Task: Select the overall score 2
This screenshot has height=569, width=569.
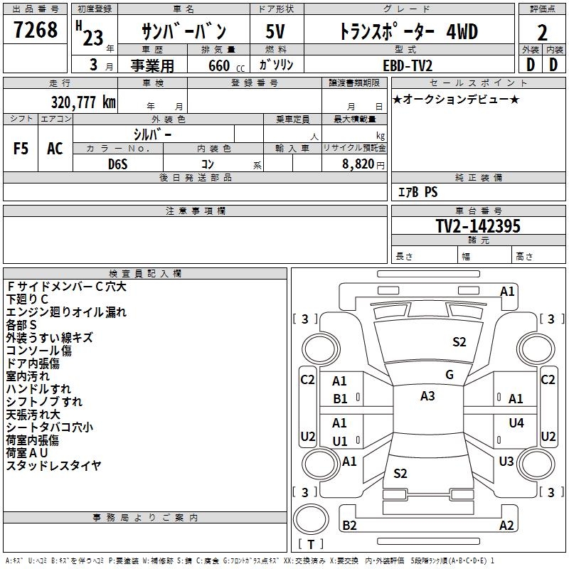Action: [543, 33]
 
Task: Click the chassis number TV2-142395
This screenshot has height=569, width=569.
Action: [478, 226]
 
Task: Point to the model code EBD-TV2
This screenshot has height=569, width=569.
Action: [408, 65]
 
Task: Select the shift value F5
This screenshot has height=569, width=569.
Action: [21, 148]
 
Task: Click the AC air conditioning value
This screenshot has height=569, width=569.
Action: [55, 148]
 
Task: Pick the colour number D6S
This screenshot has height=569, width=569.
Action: [118, 164]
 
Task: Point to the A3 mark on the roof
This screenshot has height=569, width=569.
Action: [427, 396]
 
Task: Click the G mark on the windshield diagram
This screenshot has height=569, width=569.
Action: [450, 375]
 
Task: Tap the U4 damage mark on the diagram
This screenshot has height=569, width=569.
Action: [516, 423]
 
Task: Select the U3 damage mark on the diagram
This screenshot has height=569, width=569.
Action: [506, 462]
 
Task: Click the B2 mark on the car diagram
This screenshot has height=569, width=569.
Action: [349, 526]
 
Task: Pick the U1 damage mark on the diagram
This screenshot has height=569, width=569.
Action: [340, 441]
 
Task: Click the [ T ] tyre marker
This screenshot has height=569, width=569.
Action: [311, 544]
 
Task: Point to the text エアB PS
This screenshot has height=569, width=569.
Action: [418, 192]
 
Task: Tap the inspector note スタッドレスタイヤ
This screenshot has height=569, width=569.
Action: [54, 466]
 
